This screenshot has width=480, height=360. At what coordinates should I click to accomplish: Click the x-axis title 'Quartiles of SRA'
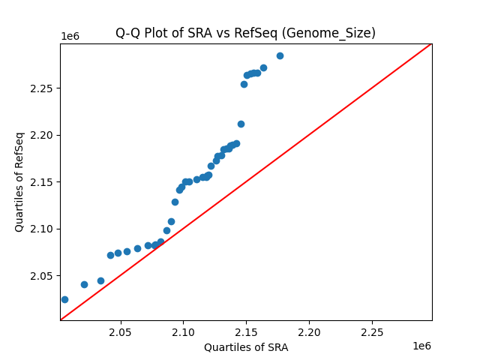pos(246,347)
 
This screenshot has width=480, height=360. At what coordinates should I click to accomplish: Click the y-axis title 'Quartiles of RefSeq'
pos(19,181)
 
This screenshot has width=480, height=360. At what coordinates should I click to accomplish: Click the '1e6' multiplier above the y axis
pos(70,37)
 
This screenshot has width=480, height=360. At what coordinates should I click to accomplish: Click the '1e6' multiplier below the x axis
pos(421,346)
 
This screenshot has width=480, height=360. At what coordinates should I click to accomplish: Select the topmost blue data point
pos(280,55)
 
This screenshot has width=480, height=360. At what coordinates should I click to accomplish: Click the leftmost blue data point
pos(64,299)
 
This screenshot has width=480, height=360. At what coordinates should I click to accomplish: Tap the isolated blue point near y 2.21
pos(241,124)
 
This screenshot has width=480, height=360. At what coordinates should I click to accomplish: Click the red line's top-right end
pos(431,43)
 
